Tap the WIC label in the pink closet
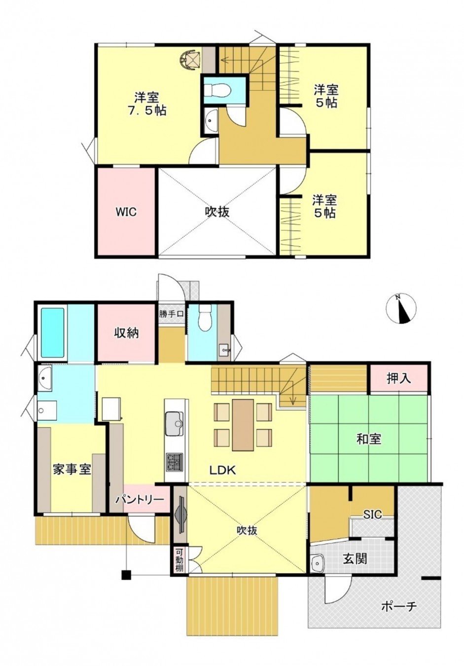(x=126, y=213)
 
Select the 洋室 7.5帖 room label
(x=147, y=103)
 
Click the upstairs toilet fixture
(x=217, y=91)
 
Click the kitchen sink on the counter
(x=174, y=424)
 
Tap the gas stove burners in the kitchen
(x=174, y=463)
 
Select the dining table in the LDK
(x=243, y=425)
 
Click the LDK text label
(x=223, y=470)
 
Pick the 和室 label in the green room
(x=369, y=438)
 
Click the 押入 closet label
(x=398, y=379)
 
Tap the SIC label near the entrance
(x=373, y=515)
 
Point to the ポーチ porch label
(x=399, y=606)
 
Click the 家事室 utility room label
(x=72, y=469)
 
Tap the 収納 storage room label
(x=127, y=333)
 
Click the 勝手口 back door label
(x=171, y=313)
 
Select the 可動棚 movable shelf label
(x=179, y=559)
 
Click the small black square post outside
(x=127, y=575)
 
